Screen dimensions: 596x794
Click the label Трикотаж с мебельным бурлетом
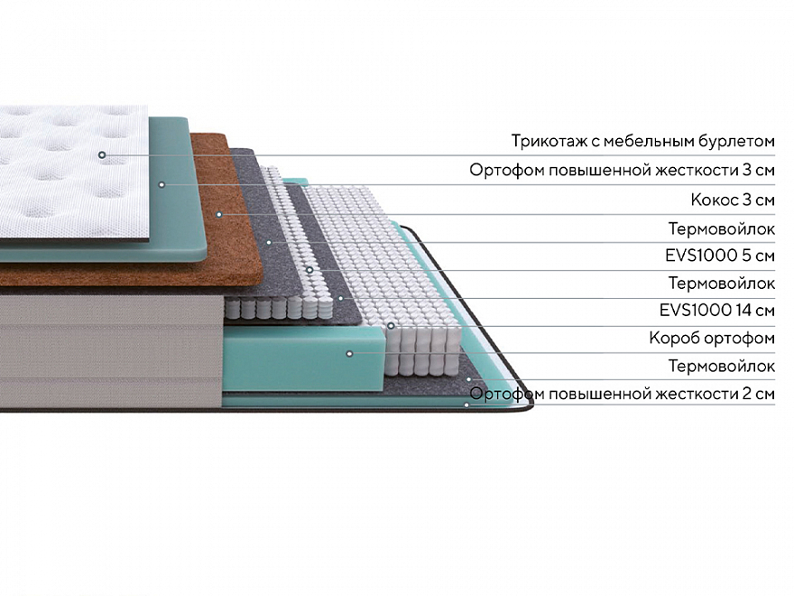[x=642, y=141]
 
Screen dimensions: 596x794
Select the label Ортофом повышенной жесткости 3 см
[x=622, y=170]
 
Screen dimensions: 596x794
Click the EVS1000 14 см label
[x=717, y=311]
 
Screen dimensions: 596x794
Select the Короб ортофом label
[x=712, y=339]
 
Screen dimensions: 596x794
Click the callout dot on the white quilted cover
[x=102, y=154]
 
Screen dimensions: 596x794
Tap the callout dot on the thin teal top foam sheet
[x=162, y=184]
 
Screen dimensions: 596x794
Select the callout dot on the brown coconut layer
[x=219, y=214]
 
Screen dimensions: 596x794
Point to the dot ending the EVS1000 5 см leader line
[x=309, y=269]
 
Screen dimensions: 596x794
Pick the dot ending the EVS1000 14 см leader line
[x=390, y=325]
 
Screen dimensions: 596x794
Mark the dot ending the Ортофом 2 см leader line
[x=466, y=405]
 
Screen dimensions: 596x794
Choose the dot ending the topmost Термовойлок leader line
[x=268, y=242]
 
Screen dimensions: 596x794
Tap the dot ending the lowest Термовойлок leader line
[x=468, y=380]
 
